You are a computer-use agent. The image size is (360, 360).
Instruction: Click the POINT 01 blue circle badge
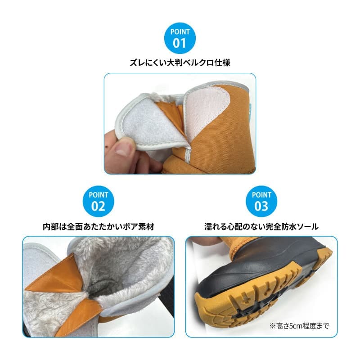click(x=180, y=38)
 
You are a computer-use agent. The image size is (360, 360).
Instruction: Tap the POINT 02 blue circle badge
click(x=98, y=201)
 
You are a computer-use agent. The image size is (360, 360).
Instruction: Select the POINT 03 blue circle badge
click(x=261, y=201)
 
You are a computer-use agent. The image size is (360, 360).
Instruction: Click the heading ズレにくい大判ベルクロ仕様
click(x=180, y=63)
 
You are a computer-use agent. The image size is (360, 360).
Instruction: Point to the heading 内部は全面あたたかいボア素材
click(x=98, y=227)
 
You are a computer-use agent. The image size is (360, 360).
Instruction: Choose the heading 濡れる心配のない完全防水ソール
click(x=261, y=227)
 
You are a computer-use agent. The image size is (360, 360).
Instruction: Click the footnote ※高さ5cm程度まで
click(x=299, y=325)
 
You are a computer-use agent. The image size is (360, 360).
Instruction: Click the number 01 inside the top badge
click(x=179, y=43)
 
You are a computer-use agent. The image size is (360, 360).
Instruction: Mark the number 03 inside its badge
click(x=261, y=206)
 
